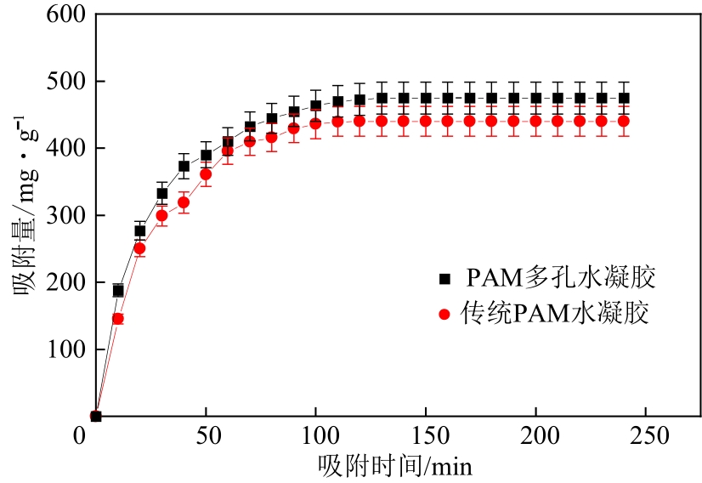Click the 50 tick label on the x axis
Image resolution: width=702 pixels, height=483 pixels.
206,435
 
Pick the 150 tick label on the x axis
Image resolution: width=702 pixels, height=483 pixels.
425,435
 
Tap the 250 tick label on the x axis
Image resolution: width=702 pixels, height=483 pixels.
646,435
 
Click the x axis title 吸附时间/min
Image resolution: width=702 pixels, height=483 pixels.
395,465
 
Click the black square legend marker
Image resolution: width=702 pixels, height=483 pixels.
443,278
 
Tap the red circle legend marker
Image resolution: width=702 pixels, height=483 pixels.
443,315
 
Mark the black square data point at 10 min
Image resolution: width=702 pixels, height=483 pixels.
118,291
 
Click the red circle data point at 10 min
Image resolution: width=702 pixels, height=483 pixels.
118,319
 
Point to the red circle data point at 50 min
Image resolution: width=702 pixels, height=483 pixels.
206,174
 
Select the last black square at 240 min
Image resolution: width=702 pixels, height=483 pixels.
624,98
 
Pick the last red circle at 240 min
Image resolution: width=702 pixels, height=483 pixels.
624,121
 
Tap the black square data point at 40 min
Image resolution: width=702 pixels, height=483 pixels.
184,167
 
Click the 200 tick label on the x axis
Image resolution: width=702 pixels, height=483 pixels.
535,435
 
